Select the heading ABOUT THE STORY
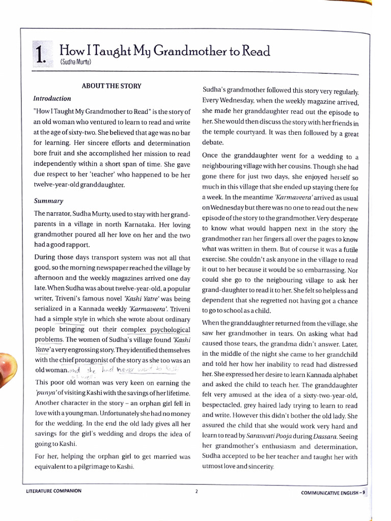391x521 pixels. (x=111, y=86)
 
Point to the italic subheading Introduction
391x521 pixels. (x=52, y=98)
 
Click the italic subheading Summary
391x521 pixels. (x=48, y=201)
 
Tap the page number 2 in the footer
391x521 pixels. (x=195, y=491)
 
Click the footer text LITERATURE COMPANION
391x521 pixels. (x=53, y=491)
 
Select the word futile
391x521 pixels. (x=348, y=249)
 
